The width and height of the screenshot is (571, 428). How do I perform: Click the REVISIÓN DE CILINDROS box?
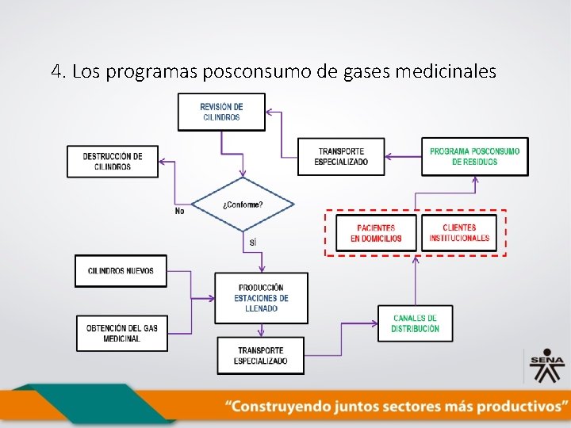point(221,112)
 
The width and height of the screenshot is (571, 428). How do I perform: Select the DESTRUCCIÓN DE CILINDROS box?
point(113,162)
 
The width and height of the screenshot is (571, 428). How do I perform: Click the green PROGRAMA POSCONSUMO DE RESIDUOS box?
point(474,156)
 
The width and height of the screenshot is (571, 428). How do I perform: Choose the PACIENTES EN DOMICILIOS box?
point(376,233)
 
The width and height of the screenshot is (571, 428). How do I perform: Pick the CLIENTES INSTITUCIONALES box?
point(459,233)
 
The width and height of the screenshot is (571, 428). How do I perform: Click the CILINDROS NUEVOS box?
point(121,271)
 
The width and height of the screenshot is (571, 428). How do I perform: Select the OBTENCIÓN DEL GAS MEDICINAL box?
point(121,333)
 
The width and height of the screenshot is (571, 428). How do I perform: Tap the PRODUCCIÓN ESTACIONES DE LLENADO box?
point(261,298)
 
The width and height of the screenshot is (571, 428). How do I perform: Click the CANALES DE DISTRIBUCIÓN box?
point(416,323)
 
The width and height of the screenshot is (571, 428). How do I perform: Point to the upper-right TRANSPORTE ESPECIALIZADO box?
point(341,156)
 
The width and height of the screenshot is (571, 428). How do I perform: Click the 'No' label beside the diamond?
point(180,211)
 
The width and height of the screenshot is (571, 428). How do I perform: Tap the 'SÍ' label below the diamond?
point(253,242)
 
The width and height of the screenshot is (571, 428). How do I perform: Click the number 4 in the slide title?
point(56,72)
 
